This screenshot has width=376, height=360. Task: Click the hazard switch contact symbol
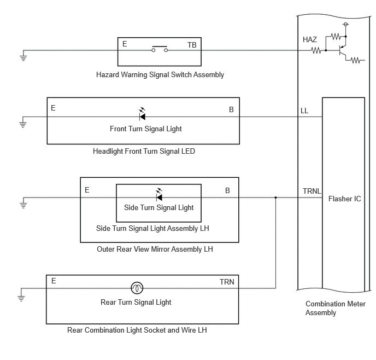pyautogui.click(x=160, y=49)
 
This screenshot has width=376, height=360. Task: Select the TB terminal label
pyautogui.click(x=192, y=45)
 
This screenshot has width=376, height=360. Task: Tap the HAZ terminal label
pyautogui.click(x=309, y=39)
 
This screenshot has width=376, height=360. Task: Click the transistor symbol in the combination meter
pyautogui.click(x=342, y=50)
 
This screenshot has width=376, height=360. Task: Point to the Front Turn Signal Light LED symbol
pyautogui.click(x=142, y=114)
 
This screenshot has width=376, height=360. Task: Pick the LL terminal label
pyautogui.click(x=304, y=111)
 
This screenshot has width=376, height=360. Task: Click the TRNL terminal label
pyautogui.click(x=312, y=191)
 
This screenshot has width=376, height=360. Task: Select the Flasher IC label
pyautogui.click(x=345, y=199)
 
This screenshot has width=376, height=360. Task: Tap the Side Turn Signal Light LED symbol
pyautogui.click(x=159, y=195)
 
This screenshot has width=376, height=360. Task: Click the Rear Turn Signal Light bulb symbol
pyautogui.click(x=137, y=288)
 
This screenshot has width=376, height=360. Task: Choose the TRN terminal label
pyautogui.click(x=227, y=282)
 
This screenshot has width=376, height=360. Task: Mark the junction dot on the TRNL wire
pyautogui.click(x=276, y=198)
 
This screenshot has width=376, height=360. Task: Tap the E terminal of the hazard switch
pyautogui.click(x=125, y=44)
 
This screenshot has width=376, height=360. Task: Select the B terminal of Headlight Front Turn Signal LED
pyautogui.click(x=231, y=109)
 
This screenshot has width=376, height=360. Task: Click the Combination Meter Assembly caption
pyautogui.click(x=335, y=308)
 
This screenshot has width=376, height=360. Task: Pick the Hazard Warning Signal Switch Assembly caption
pyautogui.click(x=160, y=74)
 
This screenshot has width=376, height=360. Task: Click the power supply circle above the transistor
pyautogui.click(x=345, y=24)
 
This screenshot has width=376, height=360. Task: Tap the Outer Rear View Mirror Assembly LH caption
pyautogui.click(x=155, y=249)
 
